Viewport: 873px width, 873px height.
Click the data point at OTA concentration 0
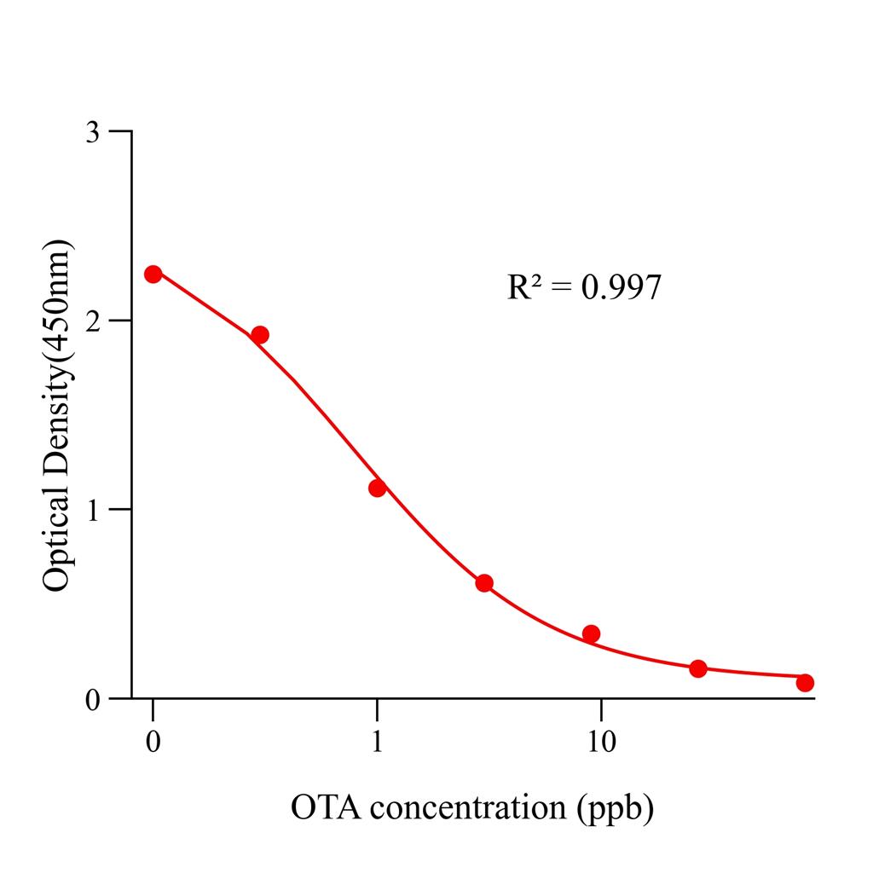(x=153, y=274)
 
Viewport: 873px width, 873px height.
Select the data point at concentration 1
(x=377, y=488)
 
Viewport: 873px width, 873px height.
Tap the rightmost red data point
(x=805, y=682)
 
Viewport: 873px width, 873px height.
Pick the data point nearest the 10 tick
(x=591, y=633)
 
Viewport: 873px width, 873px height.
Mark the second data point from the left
(x=260, y=334)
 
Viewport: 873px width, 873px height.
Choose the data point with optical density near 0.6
(x=484, y=583)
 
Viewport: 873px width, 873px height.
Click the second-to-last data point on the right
(x=698, y=668)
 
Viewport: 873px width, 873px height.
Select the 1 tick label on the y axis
(x=96, y=510)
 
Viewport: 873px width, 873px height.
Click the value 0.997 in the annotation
(x=621, y=288)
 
